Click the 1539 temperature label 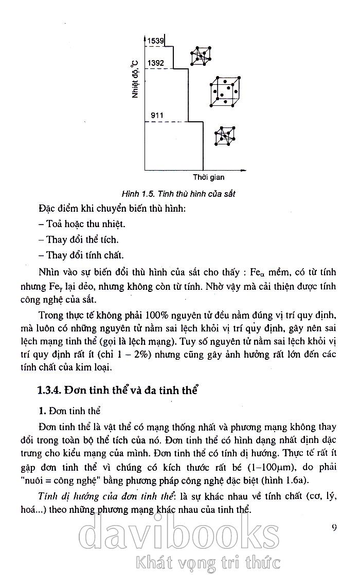coord(156,41)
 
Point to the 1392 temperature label coord(156,63)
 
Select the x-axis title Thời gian coord(209,178)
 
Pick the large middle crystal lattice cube coord(225,92)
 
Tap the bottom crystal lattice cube coord(225,136)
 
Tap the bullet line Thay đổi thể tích coord(79,239)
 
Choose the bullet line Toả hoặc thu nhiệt coord(82,224)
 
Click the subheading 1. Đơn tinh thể coord(69,411)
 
